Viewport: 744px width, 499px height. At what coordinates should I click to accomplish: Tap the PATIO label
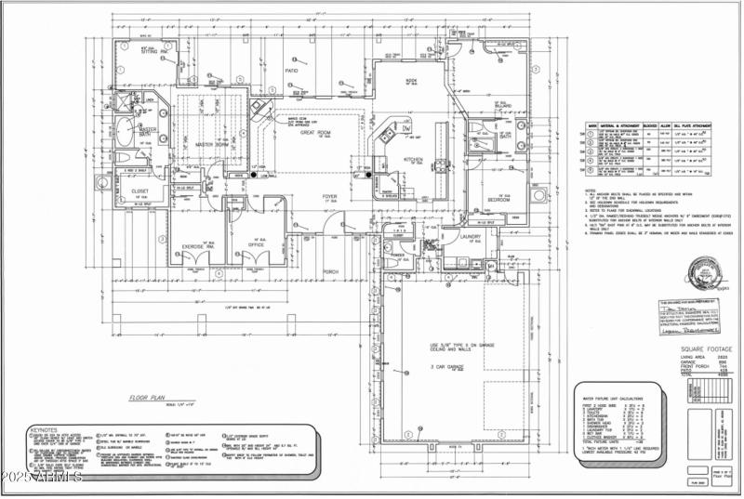(291, 70)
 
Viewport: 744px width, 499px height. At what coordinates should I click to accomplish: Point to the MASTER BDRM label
(211, 144)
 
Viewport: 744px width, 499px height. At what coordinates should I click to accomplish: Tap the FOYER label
(329, 196)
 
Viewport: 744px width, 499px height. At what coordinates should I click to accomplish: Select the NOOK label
(410, 81)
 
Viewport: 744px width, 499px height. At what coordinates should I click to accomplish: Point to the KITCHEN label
(413, 159)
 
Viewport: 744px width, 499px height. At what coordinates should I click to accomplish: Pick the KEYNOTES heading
(45, 431)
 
